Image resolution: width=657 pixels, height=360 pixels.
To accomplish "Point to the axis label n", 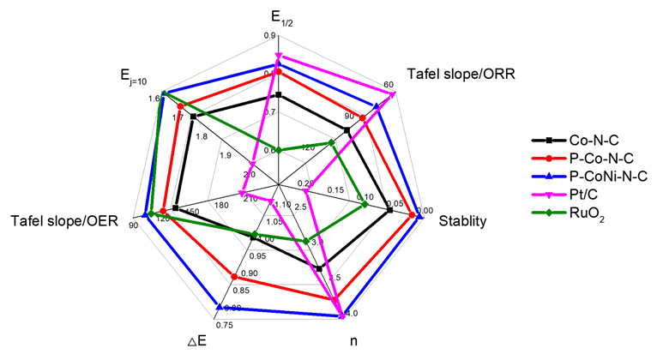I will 354,341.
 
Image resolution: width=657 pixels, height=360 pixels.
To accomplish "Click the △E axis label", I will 197,341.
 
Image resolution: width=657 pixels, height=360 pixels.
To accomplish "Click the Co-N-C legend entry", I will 592,141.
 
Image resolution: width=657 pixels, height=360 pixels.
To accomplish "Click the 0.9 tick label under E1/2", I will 270,36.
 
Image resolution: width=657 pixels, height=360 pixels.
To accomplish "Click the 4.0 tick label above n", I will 351,313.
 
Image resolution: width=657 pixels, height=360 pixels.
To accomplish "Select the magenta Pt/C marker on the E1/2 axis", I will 278,56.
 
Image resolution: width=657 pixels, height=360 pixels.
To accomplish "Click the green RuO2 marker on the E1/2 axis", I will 278,150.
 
